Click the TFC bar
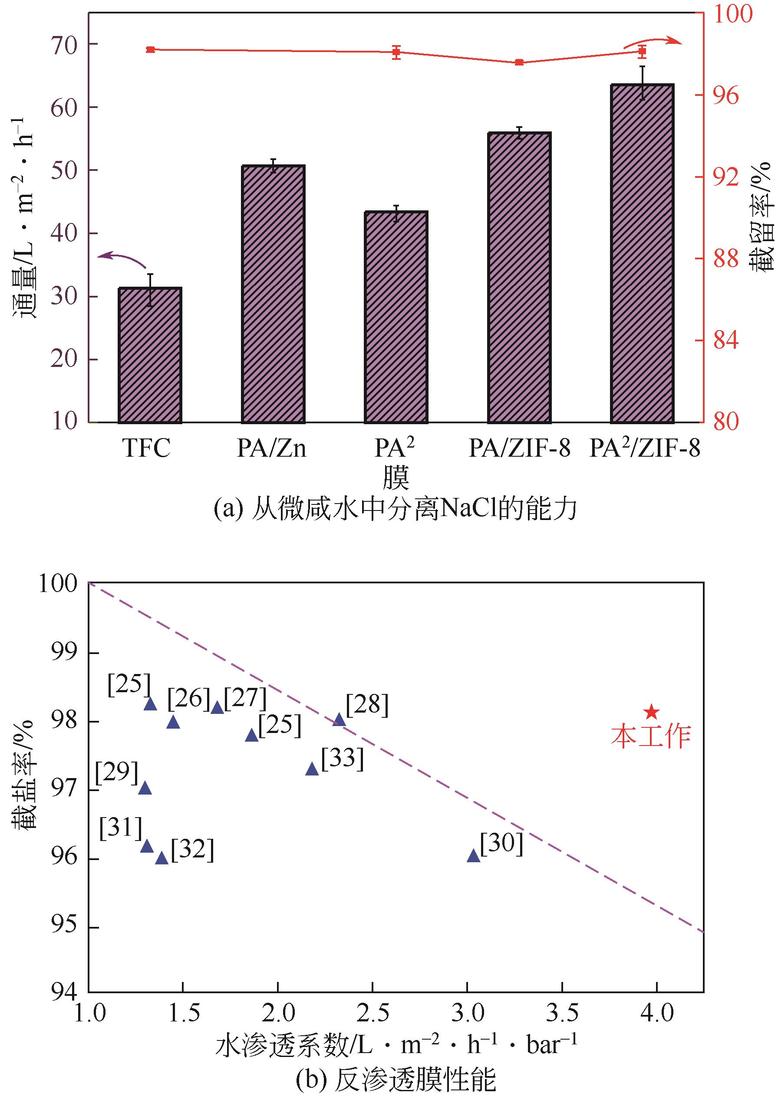tap(149, 355)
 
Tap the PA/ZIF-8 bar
tap(519, 278)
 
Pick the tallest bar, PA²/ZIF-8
tap(642, 254)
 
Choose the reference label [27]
tap(245, 698)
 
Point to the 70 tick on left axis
tap(64, 45)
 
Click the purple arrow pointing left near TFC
tap(122, 258)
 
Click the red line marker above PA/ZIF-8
tap(519, 62)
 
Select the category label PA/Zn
tap(272, 449)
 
